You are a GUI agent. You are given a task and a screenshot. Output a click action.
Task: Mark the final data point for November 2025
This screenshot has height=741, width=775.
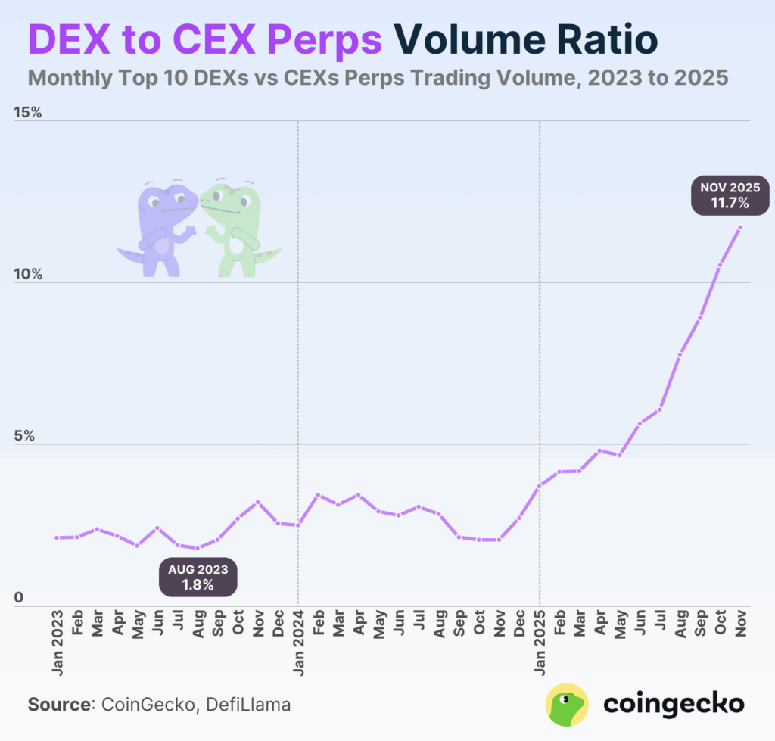click(740, 228)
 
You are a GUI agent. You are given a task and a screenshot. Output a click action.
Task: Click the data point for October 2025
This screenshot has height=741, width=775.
click(720, 266)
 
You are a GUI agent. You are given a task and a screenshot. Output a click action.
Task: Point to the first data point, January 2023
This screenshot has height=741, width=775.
click(57, 538)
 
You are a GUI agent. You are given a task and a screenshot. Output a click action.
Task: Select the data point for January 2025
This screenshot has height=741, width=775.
click(540, 486)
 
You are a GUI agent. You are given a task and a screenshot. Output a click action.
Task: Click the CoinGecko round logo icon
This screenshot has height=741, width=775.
click(567, 705)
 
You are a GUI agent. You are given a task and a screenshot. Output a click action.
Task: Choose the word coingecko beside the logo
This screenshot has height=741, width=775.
click(674, 705)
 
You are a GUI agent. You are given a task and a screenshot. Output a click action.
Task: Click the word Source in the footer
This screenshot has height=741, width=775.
click(58, 705)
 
